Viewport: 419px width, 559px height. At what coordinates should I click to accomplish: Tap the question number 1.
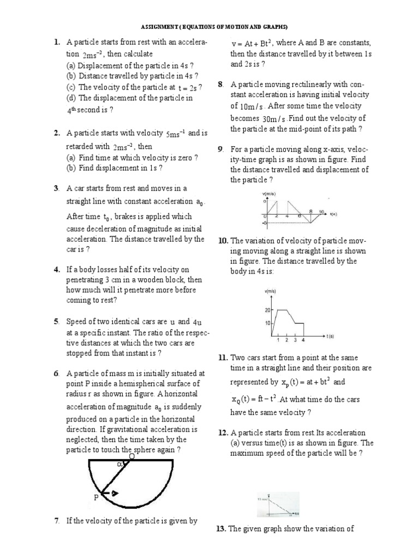56,43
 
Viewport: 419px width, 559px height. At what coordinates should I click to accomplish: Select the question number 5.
56,322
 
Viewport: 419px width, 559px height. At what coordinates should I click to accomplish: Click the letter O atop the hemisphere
131,456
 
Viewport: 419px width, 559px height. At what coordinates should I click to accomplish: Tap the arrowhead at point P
115,493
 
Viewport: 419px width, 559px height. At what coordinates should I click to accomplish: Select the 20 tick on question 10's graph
267,311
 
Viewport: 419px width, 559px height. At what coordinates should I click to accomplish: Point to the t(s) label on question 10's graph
330,336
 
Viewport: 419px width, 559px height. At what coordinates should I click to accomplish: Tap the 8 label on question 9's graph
310,211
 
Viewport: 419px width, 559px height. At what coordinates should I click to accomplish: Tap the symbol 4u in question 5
198,322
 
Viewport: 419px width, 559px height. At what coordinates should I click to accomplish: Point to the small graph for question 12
278,504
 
